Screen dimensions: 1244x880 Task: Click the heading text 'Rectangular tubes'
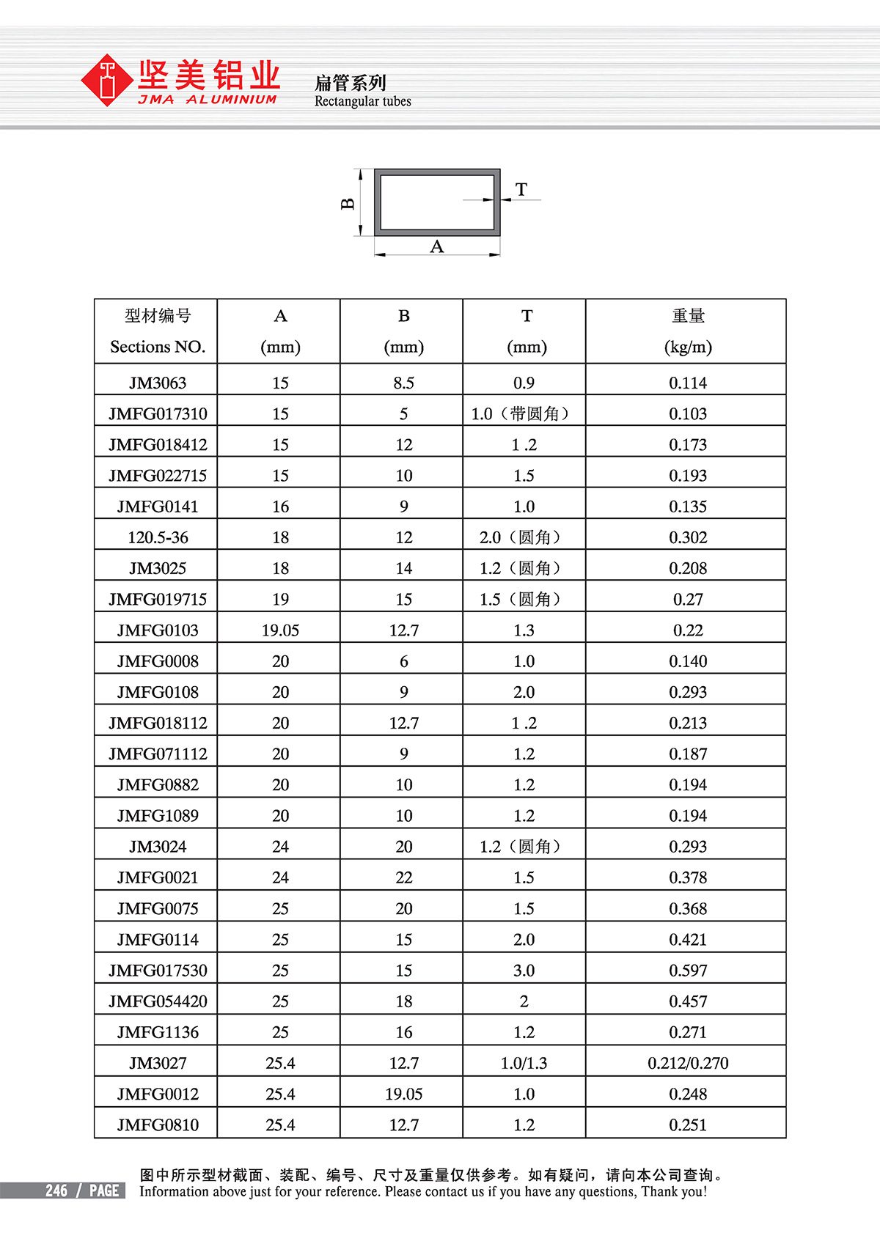pos(362,101)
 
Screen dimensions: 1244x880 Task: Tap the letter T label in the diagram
pos(521,190)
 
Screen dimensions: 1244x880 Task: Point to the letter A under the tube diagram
pos(437,247)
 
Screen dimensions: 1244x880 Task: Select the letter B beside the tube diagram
pos(348,203)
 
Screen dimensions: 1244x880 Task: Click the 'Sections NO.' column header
pos(158,347)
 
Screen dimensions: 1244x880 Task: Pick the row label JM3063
pos(158,383)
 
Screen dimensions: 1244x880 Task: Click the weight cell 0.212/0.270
pos(688,1063)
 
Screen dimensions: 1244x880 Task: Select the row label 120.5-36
pos(158,537)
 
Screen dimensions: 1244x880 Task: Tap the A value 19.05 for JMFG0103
pos(280,630)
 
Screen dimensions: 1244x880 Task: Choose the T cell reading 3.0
pos(524,971)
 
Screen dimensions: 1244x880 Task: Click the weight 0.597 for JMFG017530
pos(688,971)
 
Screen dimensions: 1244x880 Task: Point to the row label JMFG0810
pos(158,1125)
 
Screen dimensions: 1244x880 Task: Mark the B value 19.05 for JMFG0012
pos(403,1094)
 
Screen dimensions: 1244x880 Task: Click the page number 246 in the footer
pos(56,1190)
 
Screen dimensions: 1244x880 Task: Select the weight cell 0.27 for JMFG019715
pos(688,600)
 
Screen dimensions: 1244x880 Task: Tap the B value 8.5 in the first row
pos(403,383)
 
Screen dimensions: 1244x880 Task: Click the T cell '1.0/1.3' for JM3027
pos(524,1063)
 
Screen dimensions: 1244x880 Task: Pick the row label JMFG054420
pos(158,1001)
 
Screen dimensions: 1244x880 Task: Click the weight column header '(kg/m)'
pos(688,347)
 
